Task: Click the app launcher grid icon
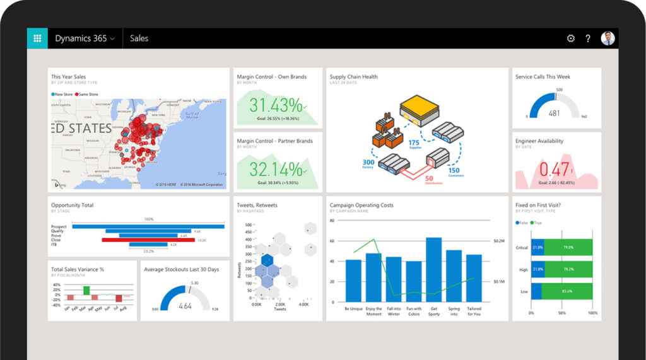tap(37, 38)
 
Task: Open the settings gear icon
tap(570, 38)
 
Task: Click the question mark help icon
tap(588, 38)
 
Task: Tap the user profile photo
tap(608, 38)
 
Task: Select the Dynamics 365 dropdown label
tap(85, 38)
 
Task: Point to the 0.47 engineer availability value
tap(555, 170)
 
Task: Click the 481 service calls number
tap(554, 113)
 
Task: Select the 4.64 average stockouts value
tap(185, 306)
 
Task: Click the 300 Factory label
tap(368, 164)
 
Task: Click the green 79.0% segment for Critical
tap(568, 247)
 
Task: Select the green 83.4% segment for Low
tap(567, 291)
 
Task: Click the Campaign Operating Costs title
tap(361, 205)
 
